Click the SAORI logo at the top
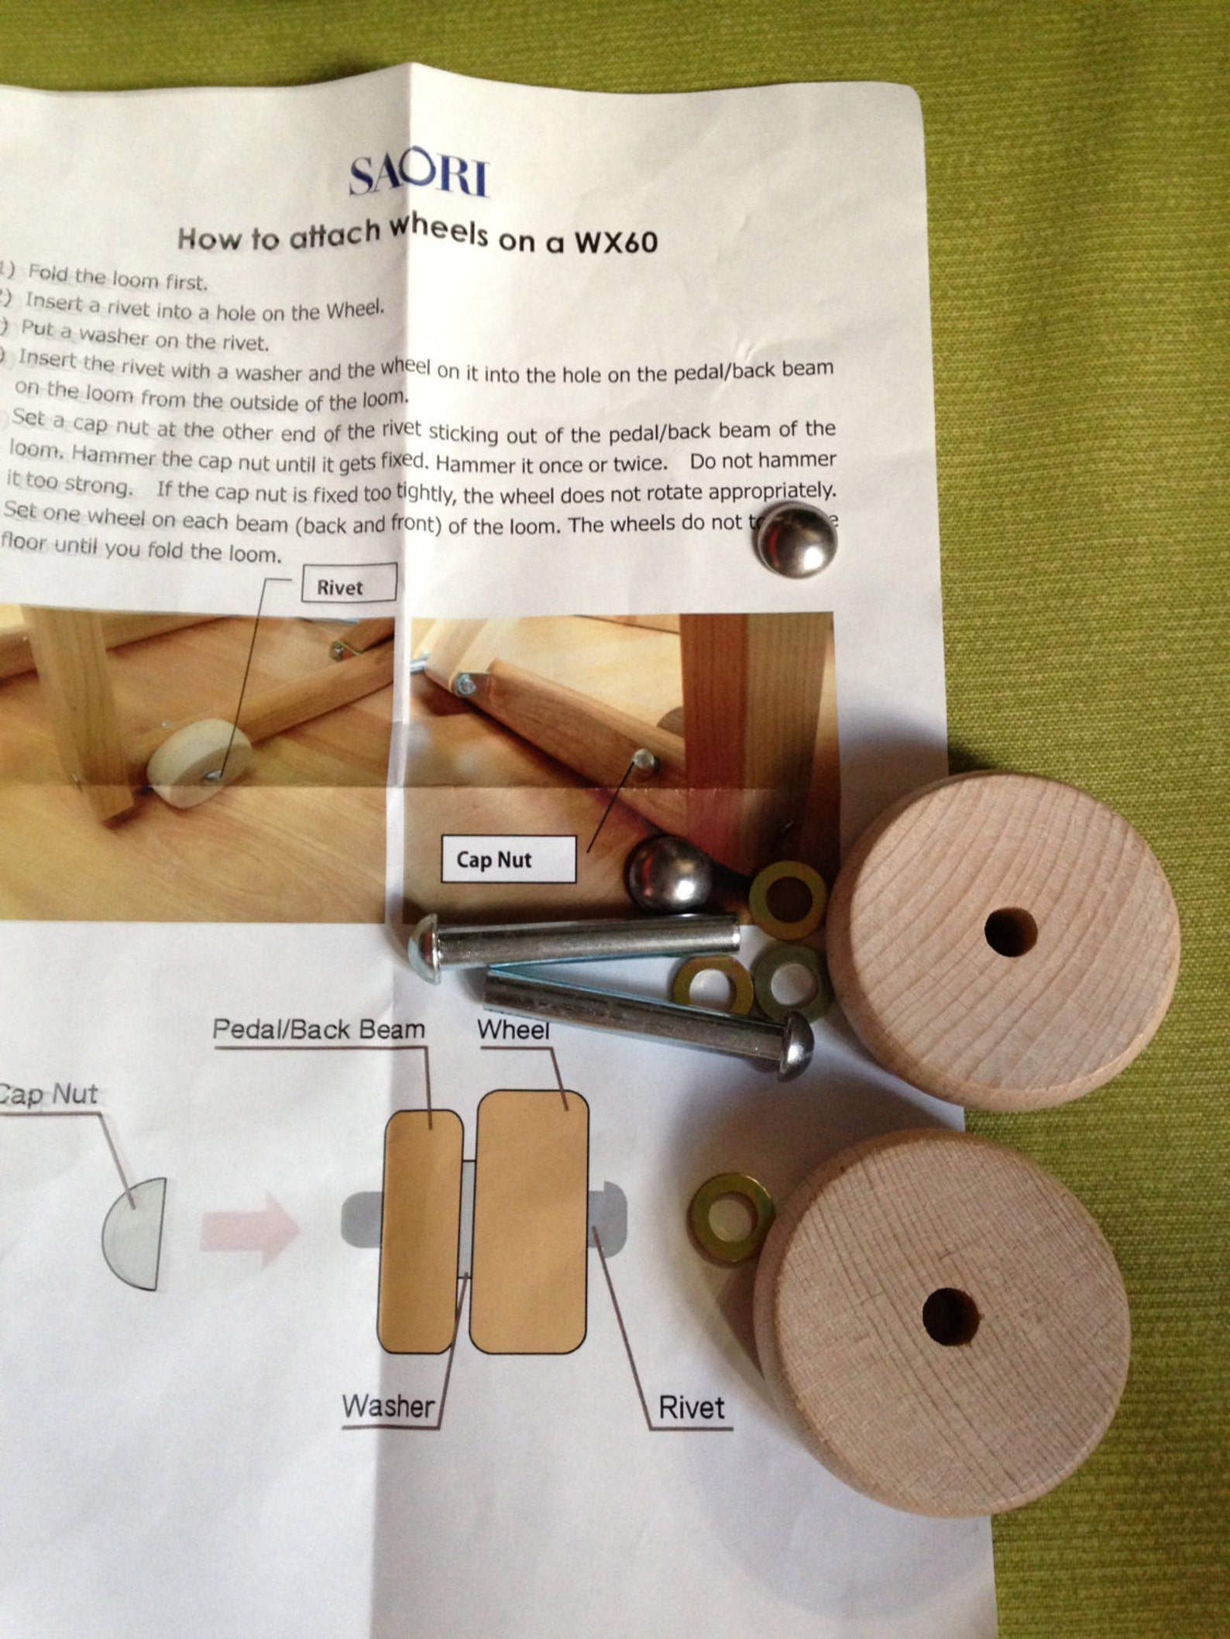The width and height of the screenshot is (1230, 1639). pyautogui.click(x=418, y=177)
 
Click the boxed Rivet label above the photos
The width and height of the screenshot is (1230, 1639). pyautogui.click(x=349, y=585)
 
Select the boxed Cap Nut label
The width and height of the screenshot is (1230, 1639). pyautogui.click(x=507, y=859)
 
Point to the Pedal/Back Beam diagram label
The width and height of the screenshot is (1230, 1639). pyautogui.click(x=318, y=1029)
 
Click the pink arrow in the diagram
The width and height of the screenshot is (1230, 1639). pyautogui.click(x=249, y=1227)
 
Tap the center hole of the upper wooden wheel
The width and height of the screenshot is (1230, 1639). pyautogui.click(x=1010, y=930)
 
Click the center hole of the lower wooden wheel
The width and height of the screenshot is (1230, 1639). pyautogui.click(x=951, y=1315)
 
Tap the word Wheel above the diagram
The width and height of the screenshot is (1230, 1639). pyautogui.click(x=514, y=1030)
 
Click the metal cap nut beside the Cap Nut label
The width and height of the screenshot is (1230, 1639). pyautogui.click(x=672, y=873)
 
